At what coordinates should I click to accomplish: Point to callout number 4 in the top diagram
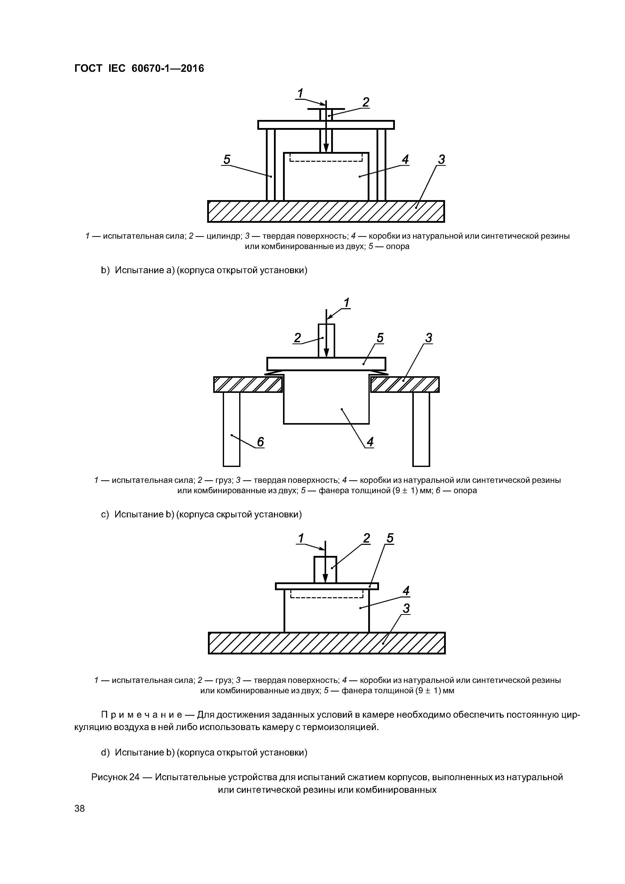coord(405,160)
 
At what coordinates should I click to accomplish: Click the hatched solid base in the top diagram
coord(326,211)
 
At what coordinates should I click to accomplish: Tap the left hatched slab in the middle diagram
coord(248,384)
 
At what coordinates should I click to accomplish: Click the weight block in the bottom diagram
coord(325,570)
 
